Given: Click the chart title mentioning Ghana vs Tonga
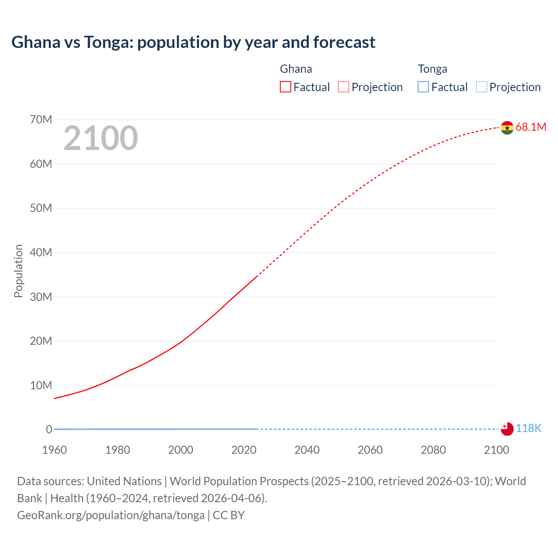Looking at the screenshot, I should pos(193,42).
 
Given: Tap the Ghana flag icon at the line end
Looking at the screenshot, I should pos(507,128).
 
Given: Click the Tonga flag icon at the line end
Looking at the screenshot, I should pos(507,429).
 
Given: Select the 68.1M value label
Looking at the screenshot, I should pos(531,127).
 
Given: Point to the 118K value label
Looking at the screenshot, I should pos(528,429).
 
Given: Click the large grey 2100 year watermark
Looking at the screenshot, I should pos(101,138).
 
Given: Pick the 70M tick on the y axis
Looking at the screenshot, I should pos(41,119).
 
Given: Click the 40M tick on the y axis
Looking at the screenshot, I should pos(41,252).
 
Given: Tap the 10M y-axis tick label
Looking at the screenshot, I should pos(41,385).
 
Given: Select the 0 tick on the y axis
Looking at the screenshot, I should pos(49,429).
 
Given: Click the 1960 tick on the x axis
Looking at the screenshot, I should pos(54,450).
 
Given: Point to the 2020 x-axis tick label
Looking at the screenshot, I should pos(244,450).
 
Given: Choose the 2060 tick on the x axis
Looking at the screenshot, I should pos(370,450).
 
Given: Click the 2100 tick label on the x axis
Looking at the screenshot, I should pos(496,450).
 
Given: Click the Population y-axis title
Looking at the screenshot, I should pos(18,271).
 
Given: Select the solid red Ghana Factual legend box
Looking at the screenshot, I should pos(286,87).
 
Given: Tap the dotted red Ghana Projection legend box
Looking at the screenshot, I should pos(344,87).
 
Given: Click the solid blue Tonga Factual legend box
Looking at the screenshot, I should pos(423,87).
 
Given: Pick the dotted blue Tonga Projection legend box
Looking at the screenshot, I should pos(482,87).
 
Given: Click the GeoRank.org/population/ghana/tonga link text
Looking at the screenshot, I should pos(111,515).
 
